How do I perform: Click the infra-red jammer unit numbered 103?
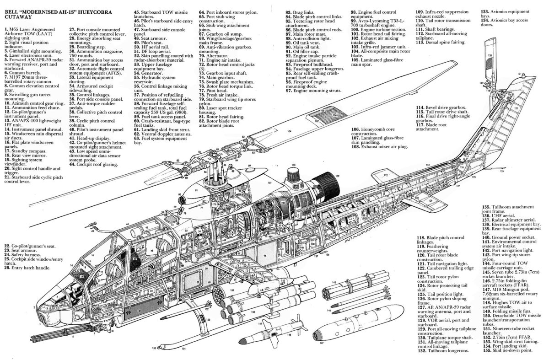click(x=293, y=177)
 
